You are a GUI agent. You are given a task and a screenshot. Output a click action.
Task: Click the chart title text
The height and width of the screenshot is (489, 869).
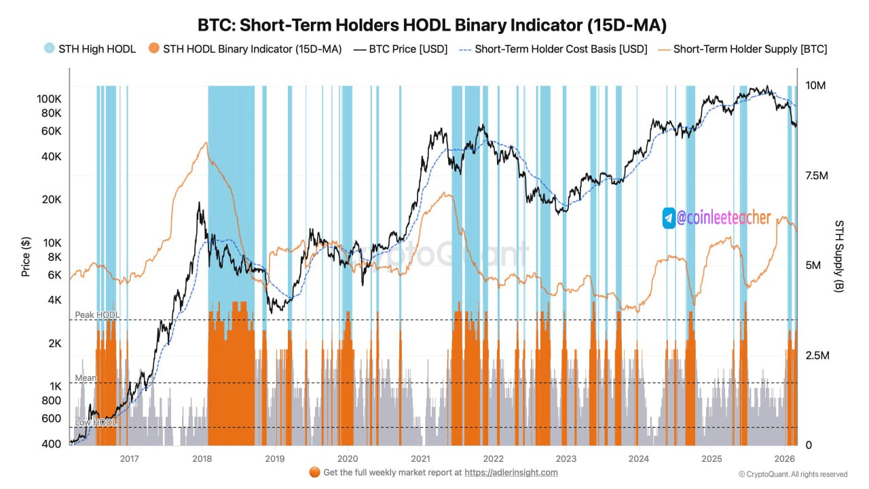click(432, 25)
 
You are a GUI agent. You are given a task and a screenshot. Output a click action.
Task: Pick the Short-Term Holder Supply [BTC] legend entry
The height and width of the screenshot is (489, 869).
click(750, 49)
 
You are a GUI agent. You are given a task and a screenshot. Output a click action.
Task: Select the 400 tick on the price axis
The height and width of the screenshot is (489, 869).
click(52, 443)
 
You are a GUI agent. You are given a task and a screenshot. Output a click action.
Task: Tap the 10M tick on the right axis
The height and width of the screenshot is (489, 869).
click(815, 86)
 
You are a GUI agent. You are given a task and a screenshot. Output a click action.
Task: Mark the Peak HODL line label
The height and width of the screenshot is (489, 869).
click(96, 315)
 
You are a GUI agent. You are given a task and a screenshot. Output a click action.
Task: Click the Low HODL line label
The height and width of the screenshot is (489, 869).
click(95, 422)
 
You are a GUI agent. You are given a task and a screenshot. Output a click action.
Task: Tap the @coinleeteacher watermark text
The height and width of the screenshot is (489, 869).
click(724, 218)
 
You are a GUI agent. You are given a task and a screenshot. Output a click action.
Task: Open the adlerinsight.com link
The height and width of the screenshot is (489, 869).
click(511, 472)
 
